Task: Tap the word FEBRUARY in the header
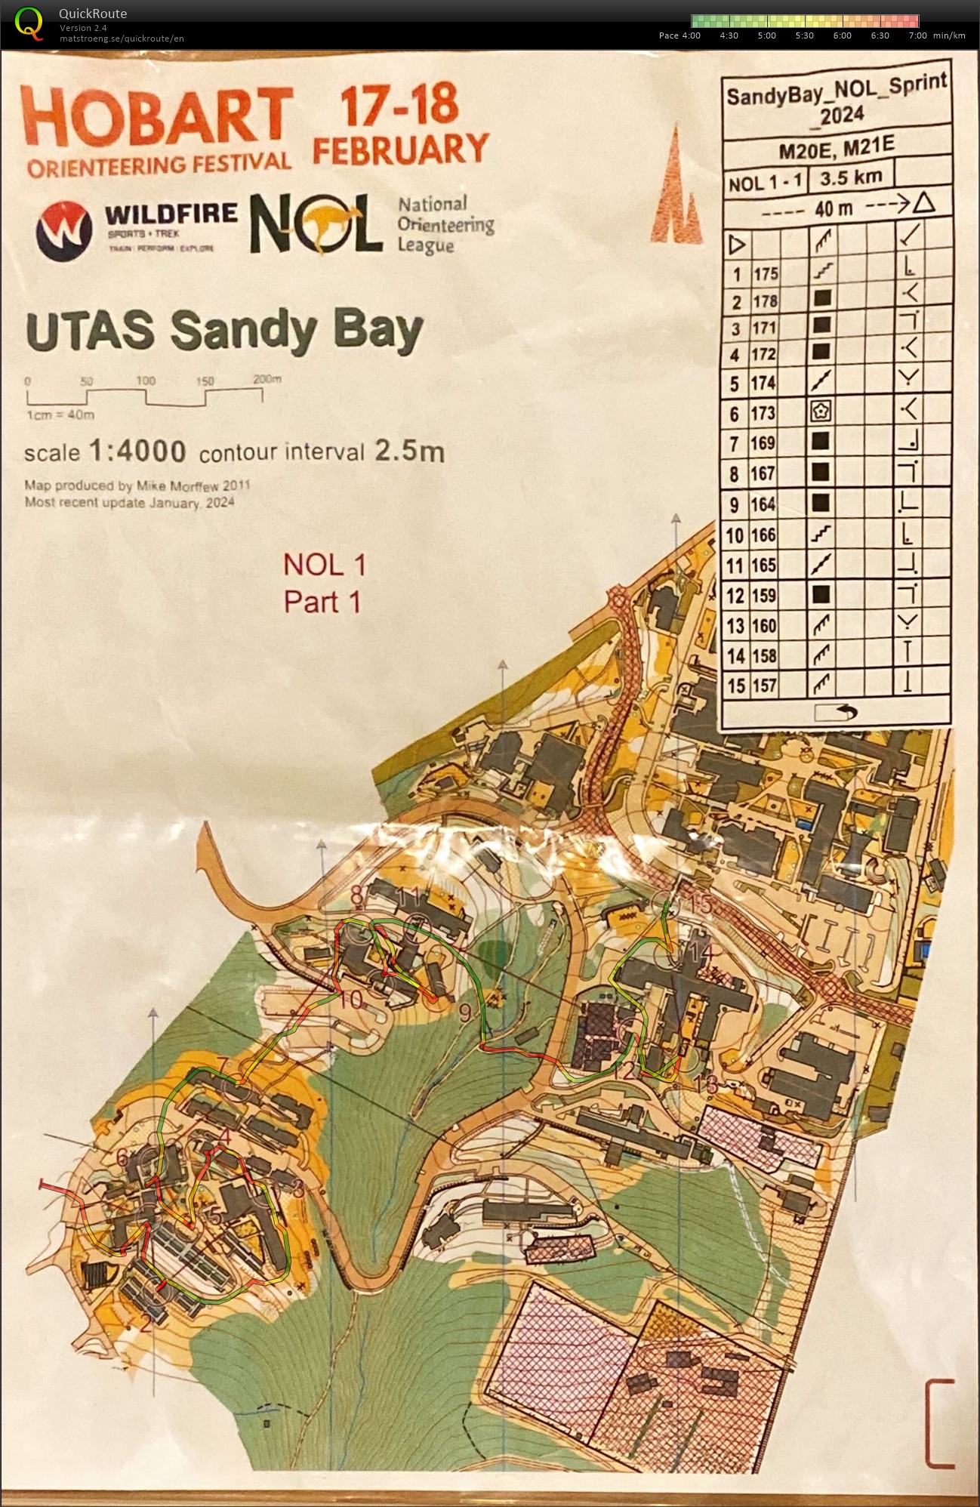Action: click(400, 149)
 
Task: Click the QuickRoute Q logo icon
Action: click(29, 22)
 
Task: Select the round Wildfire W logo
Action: click(63, 230)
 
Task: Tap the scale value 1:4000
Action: click(137, 451)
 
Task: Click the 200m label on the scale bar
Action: click(267, 379)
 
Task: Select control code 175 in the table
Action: click(765, 273)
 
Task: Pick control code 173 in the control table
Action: click(763, 413)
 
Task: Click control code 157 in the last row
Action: click(763, 686)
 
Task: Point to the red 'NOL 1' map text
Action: click(325, 564)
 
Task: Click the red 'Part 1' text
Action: click(322, 602)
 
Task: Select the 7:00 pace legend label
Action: click(917, 35)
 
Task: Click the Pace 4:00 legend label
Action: click(680, 35)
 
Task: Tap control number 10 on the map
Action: click(351, 1000)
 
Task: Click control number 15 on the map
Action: click(701, 903)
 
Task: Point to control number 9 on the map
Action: click(465, 1012)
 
